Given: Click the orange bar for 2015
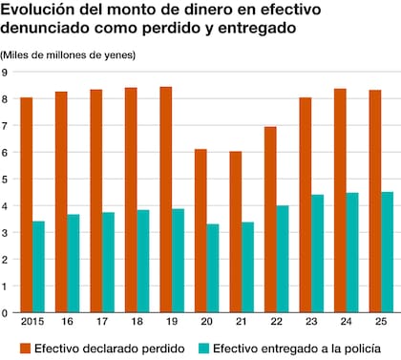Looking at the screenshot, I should pyautogui.click(x=27, y=204).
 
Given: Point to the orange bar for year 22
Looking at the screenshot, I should pyautogui.click(x=270, y=219).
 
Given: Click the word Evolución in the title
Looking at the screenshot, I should pyautogui.click(x=38, y=11).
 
